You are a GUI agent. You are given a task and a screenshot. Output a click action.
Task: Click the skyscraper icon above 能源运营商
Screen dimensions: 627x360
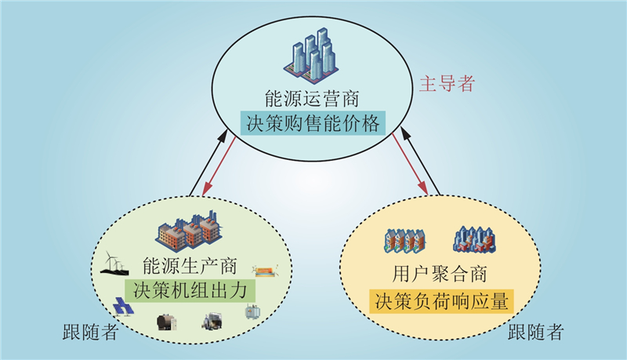tap(311, 55)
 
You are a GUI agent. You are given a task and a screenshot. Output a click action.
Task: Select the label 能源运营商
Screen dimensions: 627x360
tap(312, 98)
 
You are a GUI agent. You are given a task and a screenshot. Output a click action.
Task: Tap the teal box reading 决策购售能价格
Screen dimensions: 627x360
tap(313, 123)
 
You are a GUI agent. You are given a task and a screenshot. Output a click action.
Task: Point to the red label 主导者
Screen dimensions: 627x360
tap(447, 84)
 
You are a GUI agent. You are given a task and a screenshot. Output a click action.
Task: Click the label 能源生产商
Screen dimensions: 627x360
tap(190, 266)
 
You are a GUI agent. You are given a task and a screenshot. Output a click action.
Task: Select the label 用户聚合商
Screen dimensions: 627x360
tap(440, 275)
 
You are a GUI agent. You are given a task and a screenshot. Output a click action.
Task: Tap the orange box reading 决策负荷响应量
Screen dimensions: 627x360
tap(441, 301)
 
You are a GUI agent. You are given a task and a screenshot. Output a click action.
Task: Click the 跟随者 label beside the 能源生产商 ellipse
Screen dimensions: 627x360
tap(90, 332)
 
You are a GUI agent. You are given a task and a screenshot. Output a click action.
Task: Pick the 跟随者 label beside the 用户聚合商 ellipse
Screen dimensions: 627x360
tap(535, 332)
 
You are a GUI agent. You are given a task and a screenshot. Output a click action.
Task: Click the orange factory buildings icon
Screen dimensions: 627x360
tap(189, 230)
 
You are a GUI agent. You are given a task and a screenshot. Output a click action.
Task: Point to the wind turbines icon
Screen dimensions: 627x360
tap(114, 263)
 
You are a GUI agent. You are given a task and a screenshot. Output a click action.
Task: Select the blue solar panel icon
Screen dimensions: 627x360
tap(123, 307)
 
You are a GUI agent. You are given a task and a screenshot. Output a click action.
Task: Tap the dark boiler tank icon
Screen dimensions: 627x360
tap(166, 322)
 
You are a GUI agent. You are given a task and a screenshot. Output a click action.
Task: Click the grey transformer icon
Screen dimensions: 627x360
tap(252, 311)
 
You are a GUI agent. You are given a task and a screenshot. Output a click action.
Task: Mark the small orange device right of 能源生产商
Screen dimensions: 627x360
tap(265, 272)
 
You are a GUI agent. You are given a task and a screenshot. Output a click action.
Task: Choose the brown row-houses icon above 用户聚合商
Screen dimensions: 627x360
tap(404, 242)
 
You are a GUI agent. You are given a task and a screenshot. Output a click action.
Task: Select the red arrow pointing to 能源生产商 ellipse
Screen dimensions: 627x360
tap(219, 165)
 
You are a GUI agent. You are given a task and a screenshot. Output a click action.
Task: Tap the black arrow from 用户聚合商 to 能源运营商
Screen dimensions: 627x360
tap(420, 162)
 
